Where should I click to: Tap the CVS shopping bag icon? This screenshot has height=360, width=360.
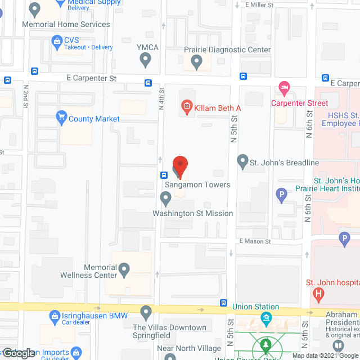click(x=56, y=41)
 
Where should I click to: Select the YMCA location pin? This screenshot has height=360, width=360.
click(x=145, y=58)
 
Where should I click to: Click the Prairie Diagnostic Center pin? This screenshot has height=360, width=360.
click(x=196, y=61)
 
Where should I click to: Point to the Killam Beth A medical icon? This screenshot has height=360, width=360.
click(x=185, y=106)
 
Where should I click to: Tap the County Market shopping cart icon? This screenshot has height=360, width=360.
click(x=61, y=118)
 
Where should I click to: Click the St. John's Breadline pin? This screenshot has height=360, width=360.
click(x=243, y=162)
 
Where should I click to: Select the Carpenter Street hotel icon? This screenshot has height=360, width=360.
click(x=284, y=88)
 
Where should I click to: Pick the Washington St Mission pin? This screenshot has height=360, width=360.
click(x=165, y=199)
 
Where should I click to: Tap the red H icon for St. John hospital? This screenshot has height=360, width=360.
click(x=319, y=294)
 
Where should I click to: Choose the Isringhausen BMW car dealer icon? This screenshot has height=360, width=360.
click(x=55, y=317)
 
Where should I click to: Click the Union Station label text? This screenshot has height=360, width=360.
click(x=256, y=307)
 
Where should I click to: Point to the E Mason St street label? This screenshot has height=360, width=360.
click(x=255, y=241)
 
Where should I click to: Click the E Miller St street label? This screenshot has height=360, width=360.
click(x=259, y=4)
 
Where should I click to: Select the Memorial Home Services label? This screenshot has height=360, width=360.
click(x=66, y=24)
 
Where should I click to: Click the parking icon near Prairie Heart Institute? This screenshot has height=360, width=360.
click(x=282, y=196)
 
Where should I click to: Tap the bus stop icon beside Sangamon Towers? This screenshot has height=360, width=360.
click(x=163, y=173)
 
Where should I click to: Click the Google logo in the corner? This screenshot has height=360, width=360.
click(x=19, y=353)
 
